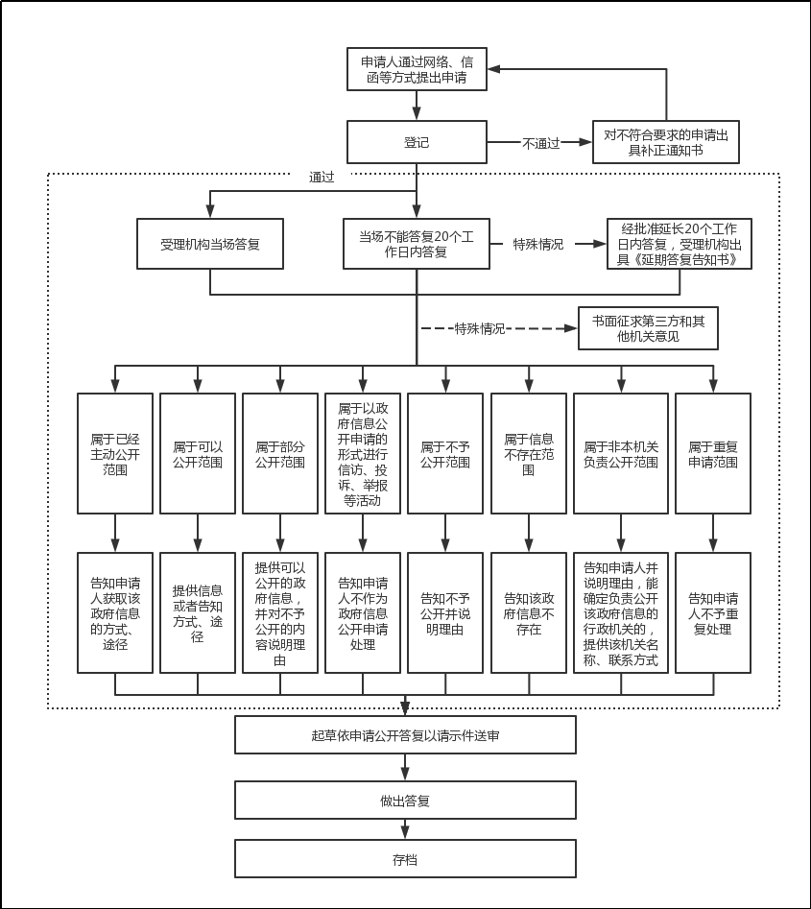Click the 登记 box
(417, 142)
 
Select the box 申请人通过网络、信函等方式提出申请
(417, 69)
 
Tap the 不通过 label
(540, 143)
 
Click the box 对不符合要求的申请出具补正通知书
(666, 142)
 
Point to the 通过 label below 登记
(322, 177)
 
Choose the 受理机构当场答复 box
(210, 244)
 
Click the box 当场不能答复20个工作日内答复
(417, 244)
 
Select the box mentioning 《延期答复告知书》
(680, 244)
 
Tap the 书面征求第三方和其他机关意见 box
(648, 328)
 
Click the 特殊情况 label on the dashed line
(479, 328)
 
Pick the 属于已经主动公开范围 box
(115, 453)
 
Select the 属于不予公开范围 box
(445, 453)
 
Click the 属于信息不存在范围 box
(529, 453)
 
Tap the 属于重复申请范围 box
(713, 453)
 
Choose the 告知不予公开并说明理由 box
(445, 612)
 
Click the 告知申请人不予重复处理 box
(713, 612)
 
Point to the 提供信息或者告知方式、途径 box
(198, 612)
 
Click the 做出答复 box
(405, 800)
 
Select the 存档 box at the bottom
(405, 859)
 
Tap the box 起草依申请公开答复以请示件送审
(405, 735)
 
